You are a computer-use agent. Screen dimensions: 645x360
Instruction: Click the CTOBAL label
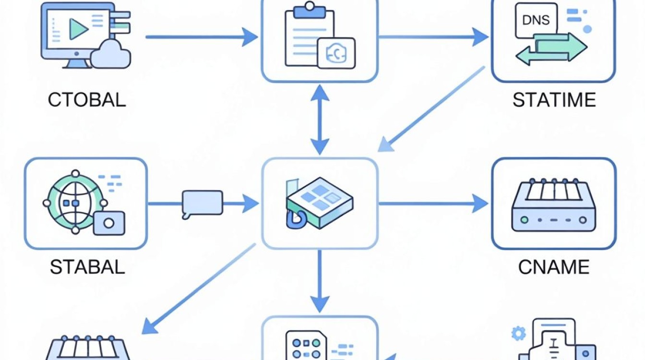pos(87,100)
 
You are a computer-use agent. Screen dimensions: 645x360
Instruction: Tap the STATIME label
pos(554,100)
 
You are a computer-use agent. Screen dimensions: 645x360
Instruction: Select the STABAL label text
pos(87,267)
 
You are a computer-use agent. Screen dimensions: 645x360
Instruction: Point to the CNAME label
pos(554,267)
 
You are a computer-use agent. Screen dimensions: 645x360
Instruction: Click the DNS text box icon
pos(536,20)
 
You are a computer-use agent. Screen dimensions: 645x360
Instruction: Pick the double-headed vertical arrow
pos(320,120)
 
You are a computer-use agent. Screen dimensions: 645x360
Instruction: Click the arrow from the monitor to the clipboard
pos(202,37)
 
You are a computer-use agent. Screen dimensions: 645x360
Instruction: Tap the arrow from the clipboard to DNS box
pos(433,37)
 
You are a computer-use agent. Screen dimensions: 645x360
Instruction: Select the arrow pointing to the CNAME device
pos(433,204)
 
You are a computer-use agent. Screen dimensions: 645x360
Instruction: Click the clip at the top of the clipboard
pos(310,11)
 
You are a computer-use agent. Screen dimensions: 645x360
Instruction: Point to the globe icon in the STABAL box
pos(75,202)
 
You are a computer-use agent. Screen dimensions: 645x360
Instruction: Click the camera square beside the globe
pos(109,223)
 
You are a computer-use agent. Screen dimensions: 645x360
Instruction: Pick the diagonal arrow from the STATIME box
pos(431,109)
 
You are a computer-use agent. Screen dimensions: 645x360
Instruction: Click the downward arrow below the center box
pos(320,281)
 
